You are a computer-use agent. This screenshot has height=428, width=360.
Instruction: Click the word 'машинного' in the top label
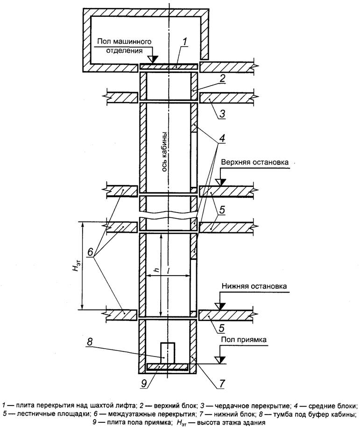(x=133, y=42)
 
